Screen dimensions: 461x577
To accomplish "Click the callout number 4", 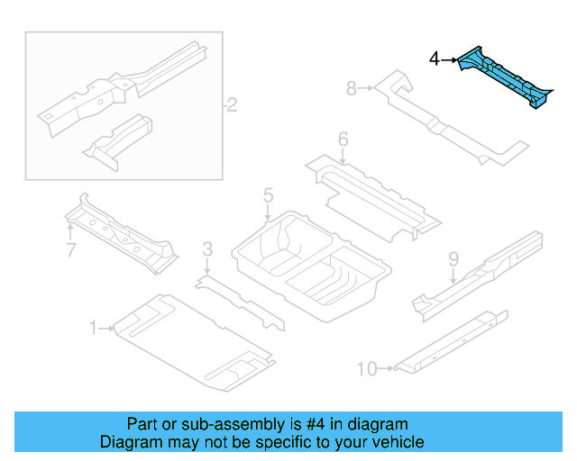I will tap(435, 59).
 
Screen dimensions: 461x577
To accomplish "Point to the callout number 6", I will tap(343, 140).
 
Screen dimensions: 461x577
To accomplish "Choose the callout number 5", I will tap(268, 195).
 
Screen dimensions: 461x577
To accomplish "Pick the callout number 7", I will tap(71, 250).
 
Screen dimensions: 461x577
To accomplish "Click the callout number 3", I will tap(207, 249).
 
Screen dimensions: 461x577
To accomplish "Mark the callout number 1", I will tap(93, 329).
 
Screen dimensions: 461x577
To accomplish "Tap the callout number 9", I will tap(453, 260).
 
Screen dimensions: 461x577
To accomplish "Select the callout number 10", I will tap(366, 367).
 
